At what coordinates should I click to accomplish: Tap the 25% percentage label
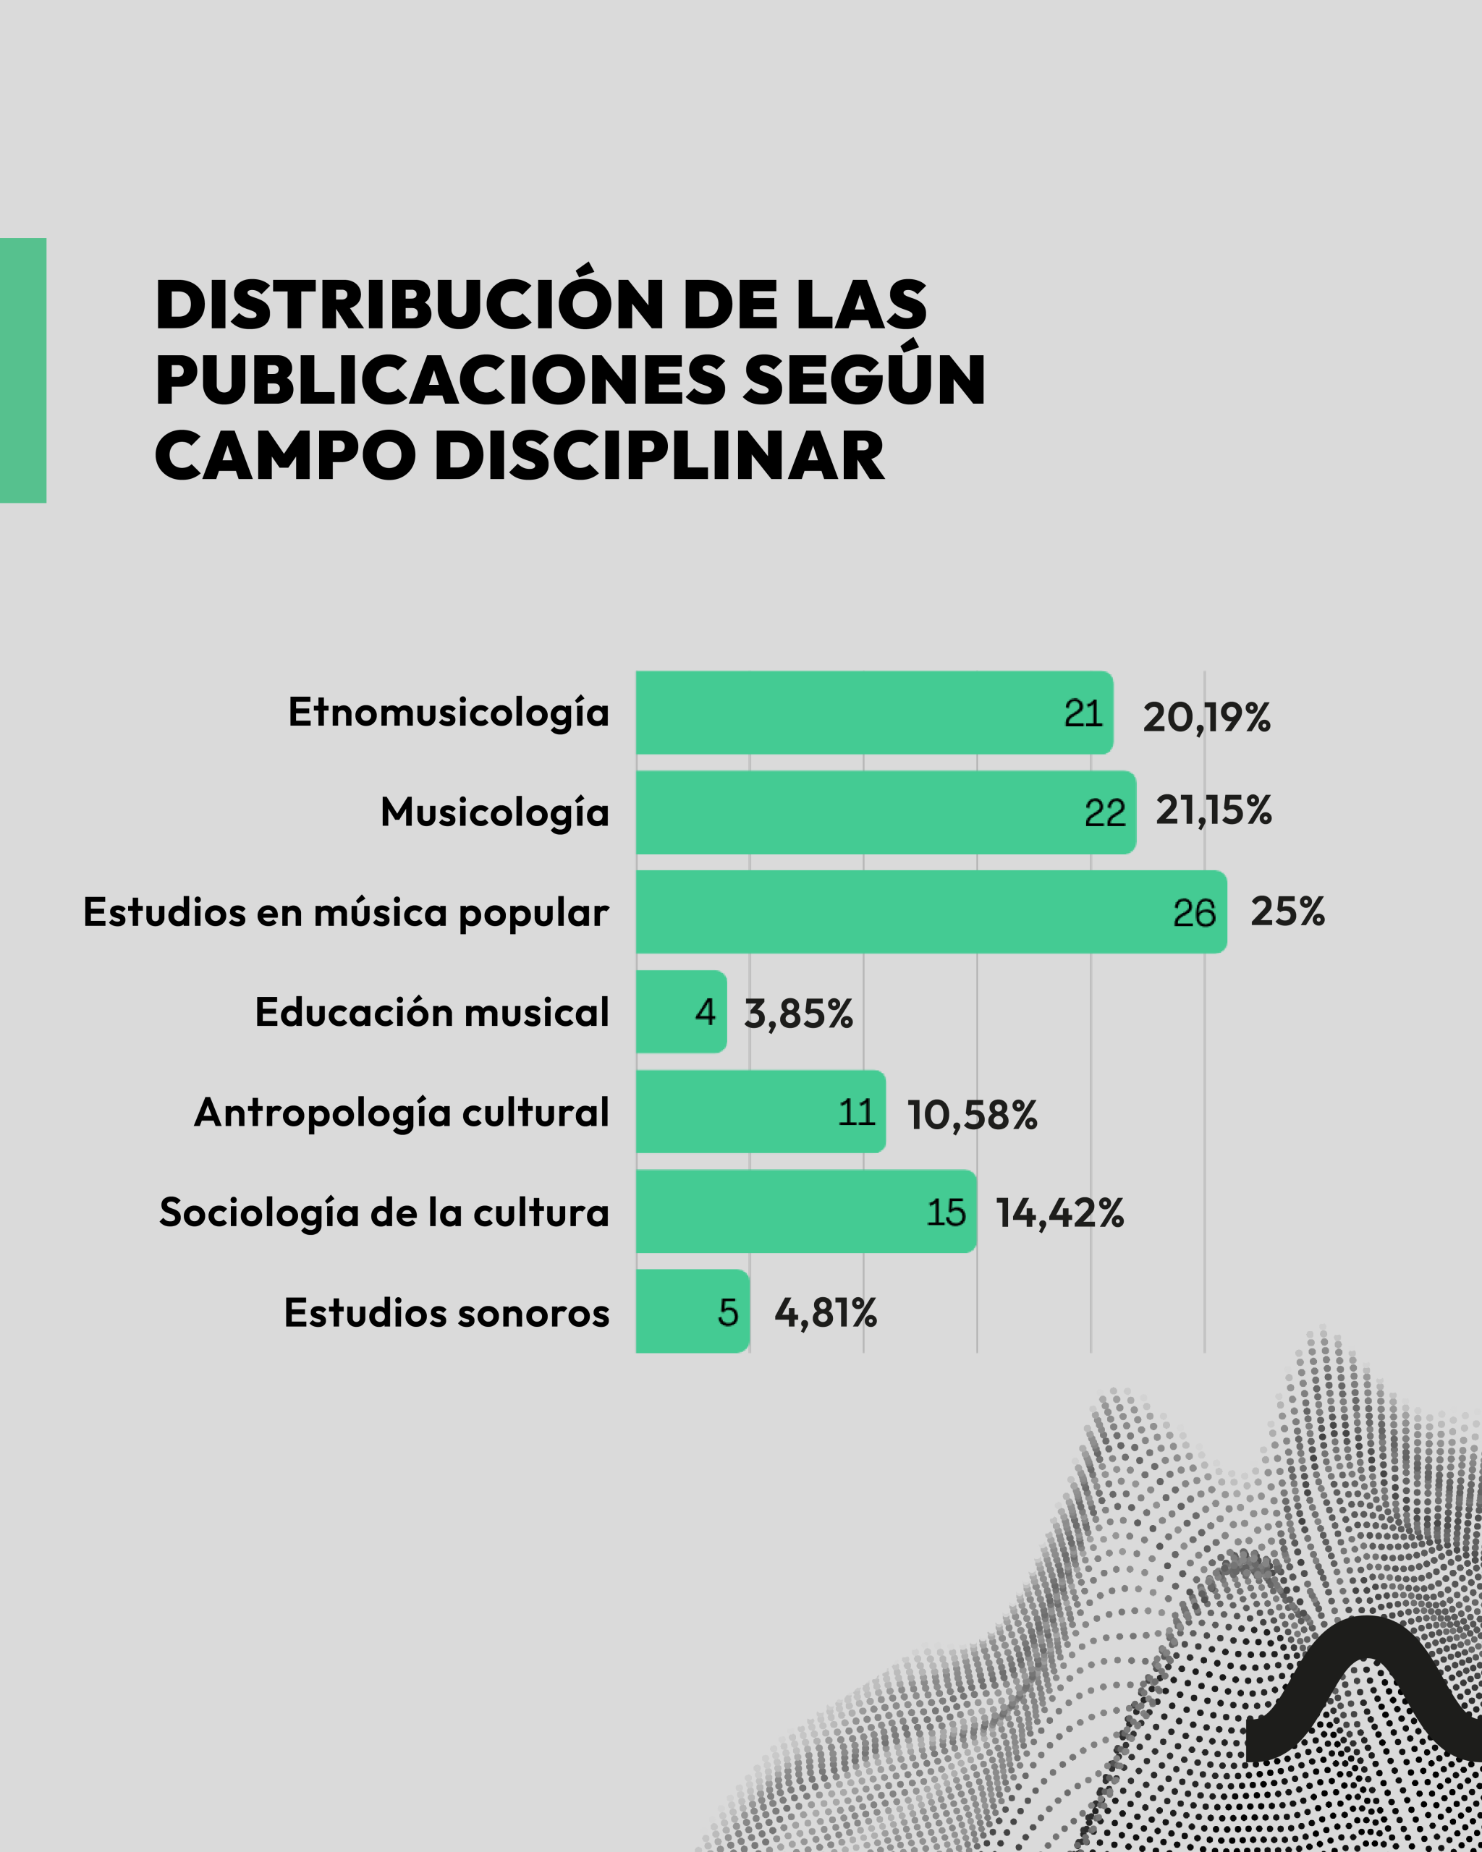1287,912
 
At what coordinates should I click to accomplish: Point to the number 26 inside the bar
1193,913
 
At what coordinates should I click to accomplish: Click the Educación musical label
431,1012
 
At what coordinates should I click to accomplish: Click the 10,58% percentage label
972,1115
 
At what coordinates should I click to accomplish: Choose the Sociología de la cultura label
384,1212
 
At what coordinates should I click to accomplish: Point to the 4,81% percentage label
825,1312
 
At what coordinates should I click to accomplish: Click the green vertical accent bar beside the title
22,370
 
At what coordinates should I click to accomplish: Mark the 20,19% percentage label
1206,717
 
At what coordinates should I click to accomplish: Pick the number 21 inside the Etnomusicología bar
1083,714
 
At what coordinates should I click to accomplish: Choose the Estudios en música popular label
345,912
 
